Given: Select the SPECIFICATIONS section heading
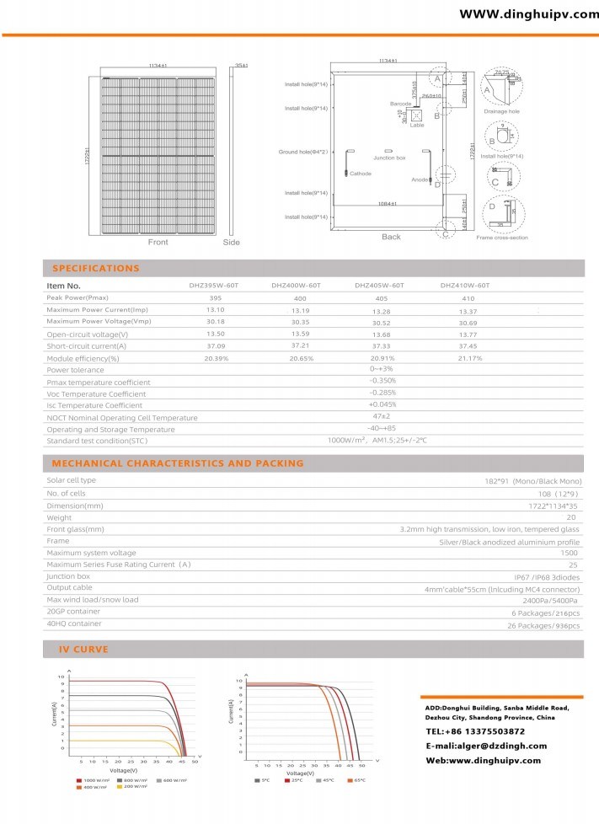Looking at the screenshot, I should click(96, 269).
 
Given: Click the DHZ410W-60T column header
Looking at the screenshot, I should click(464, 286).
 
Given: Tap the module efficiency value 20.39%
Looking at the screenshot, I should click(216, 358).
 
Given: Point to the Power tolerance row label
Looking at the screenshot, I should click(75, 370).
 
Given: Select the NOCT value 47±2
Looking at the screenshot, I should click(382, 417).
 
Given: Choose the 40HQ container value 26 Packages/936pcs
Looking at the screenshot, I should click(547, 624).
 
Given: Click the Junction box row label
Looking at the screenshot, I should click(68, 576).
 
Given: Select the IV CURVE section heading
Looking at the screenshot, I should click(83, 650).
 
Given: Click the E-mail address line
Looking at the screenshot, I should click(486, 746).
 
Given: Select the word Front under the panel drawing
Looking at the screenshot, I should click(158, 243).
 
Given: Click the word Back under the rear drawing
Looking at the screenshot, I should click(391, 237).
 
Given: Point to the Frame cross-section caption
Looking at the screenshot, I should click(502, 238).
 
